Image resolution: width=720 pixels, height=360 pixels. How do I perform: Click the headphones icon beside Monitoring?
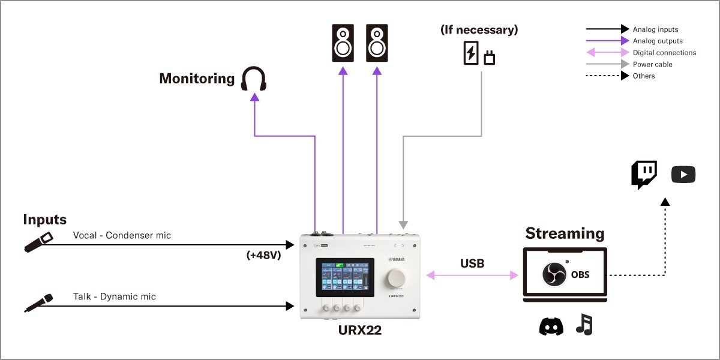[x=253, y=79]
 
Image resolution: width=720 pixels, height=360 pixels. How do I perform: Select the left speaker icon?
[x=343, y=43]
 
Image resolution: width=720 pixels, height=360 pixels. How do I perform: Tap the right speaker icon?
[x=377, y=43]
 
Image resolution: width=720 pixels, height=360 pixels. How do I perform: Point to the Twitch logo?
[x=644, y=175]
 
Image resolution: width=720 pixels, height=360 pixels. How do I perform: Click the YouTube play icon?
[x=683, y=175]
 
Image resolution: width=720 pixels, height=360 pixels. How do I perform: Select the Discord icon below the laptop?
[x=551, y=326]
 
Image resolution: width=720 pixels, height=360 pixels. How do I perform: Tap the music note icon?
[x=584, y=325]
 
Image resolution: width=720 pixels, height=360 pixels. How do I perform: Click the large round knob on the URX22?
[x=396, y=277]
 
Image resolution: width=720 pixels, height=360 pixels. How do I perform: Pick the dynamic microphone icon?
[x=38, y=303]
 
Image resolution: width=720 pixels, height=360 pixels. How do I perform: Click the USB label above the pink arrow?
[x=472, y=263]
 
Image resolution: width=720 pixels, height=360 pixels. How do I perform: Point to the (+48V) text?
[x=263, y=254]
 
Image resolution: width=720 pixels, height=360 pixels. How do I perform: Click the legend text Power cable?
[x=652, y=64]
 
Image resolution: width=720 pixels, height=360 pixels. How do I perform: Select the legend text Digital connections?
[x=664, y=53]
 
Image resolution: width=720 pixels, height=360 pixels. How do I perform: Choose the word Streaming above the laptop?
[x=565, y=233]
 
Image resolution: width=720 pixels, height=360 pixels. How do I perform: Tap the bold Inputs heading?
[x=44, y=220]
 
